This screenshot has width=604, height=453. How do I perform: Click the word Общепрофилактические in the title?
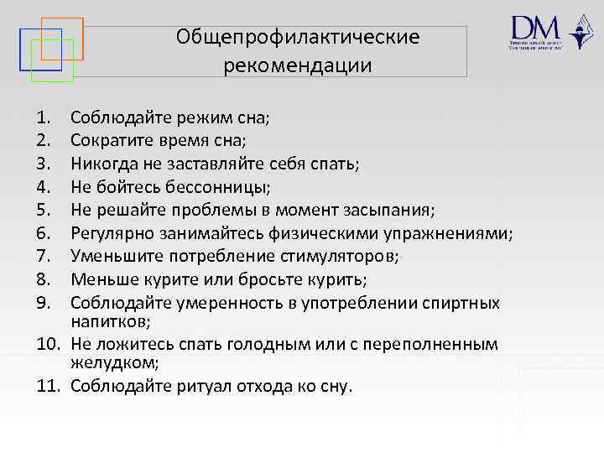coord(298,38)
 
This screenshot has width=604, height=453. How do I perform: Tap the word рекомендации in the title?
coord(298,65)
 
